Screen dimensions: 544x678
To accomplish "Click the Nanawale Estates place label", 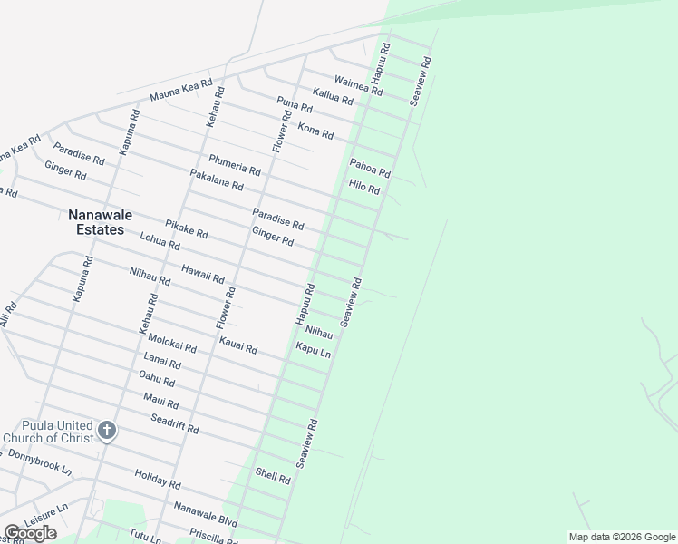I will click(x=96, y=222).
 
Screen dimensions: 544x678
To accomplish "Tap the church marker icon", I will click(x=107, y=430).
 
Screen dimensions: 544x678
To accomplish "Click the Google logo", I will click(x=30, y=533).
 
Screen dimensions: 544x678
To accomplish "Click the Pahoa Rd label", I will click(x=370, y=167).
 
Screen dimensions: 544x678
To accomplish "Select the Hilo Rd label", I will click(x=364, y=188).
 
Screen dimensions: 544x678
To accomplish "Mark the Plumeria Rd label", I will click(x=235, y=165).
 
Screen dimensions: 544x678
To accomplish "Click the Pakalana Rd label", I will click(x=217, y=180).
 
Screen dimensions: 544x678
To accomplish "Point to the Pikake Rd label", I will click(x=187, y=228).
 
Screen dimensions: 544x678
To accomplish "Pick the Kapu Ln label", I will click(x=313, y=350).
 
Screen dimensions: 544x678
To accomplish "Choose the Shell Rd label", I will click(x=272, y=475).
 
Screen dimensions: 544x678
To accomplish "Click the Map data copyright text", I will click(x=621, y=537).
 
